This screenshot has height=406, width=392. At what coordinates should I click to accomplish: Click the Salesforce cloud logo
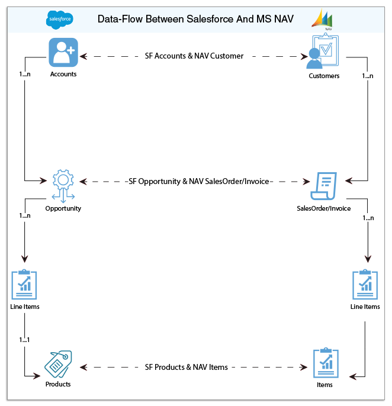(x=60, y=20)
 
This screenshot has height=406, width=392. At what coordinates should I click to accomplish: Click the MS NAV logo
(x=323, y=20)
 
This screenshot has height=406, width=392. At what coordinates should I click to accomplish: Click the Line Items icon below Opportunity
(x=24, y=285)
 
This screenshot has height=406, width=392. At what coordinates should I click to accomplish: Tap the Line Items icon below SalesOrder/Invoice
(x=365, y=285)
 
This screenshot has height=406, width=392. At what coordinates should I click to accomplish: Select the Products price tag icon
(x=58, y=363)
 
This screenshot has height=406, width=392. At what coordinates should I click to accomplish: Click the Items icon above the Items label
(x=326, y=363)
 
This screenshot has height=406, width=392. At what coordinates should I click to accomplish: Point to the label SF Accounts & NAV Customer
(x=194, y=56)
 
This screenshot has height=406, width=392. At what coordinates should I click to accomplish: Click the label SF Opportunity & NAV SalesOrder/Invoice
(x=200, y=181)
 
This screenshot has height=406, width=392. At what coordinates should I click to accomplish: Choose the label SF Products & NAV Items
(x=186, y=367)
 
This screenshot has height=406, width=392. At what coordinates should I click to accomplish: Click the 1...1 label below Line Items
(x=24, y=340)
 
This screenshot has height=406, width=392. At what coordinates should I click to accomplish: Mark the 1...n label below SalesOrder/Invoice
(x=368, y=218)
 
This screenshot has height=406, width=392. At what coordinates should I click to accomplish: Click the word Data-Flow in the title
(x=118, y=20)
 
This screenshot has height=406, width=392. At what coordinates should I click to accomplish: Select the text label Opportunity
(x=63, y=208)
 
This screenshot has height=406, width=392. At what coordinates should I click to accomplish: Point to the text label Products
(x=58, y=384)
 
